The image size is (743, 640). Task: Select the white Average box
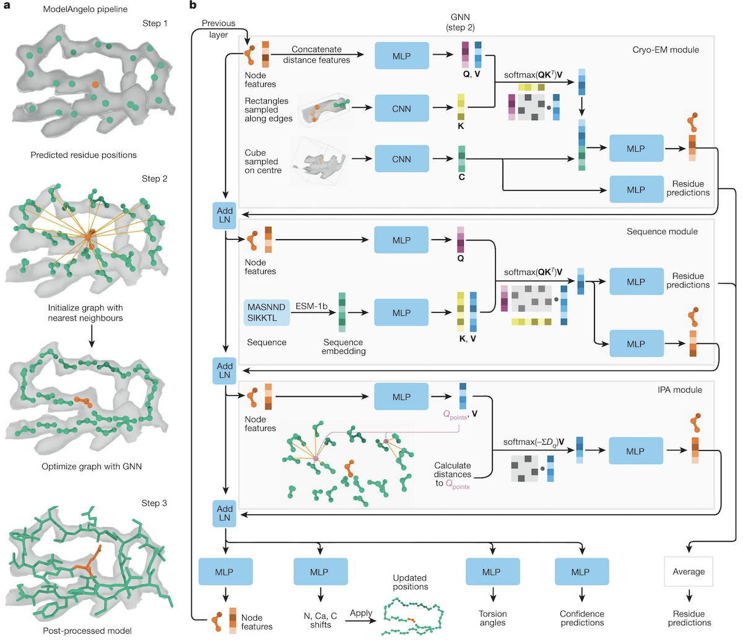[689, 571]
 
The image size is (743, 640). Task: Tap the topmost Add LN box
[225, 215]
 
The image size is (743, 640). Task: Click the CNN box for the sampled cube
[401, 159]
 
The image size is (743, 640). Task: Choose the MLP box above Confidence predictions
[581, 572]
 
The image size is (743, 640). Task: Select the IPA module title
[680, 390]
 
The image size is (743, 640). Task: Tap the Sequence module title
[662, 231]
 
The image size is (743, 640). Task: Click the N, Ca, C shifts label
[321, 620]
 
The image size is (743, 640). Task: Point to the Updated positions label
[410, 582]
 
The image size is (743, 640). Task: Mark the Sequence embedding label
[343, 346]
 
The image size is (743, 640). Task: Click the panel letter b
[193, 6]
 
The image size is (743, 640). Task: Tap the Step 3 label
[154, 503]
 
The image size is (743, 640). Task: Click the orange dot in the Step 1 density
[94, 82]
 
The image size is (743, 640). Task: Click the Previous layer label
[219, 29]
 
